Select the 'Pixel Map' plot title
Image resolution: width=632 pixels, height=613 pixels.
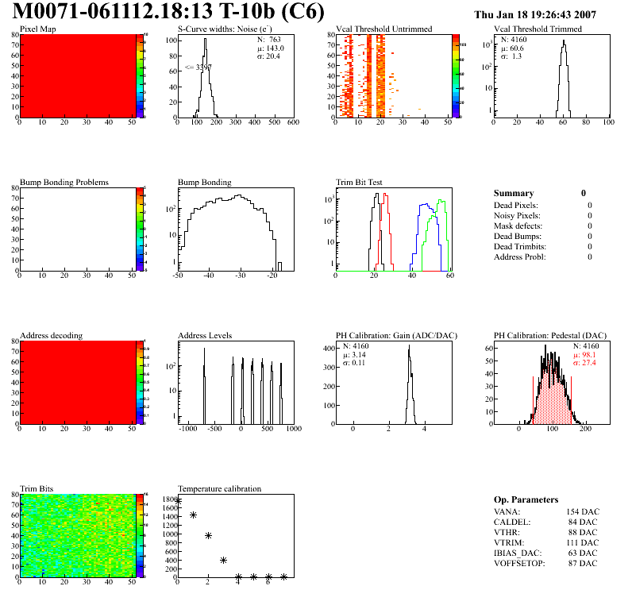[x=37, y=29]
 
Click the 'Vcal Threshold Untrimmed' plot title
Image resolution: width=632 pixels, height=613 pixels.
[x=384, y=29]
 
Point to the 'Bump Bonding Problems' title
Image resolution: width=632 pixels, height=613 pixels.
[x=64, y=183]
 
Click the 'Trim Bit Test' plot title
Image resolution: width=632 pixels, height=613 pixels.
[x=359, y=183]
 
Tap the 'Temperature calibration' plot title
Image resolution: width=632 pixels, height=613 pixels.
[x=220, y=489]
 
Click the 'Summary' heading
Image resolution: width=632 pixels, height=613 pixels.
[x=514, y=193]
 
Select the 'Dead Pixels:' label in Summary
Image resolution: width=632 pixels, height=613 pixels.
[x=517, y=205]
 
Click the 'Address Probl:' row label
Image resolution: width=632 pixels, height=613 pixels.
[x=520, y=256]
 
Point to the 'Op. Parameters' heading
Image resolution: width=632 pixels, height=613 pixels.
[x=526, y=499]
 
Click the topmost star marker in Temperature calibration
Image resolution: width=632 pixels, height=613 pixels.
[x=178, y=501]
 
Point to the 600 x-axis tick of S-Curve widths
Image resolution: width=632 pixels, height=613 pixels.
[x=293, y=122]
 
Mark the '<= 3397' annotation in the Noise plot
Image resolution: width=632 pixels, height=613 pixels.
[x=198, y=67]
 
